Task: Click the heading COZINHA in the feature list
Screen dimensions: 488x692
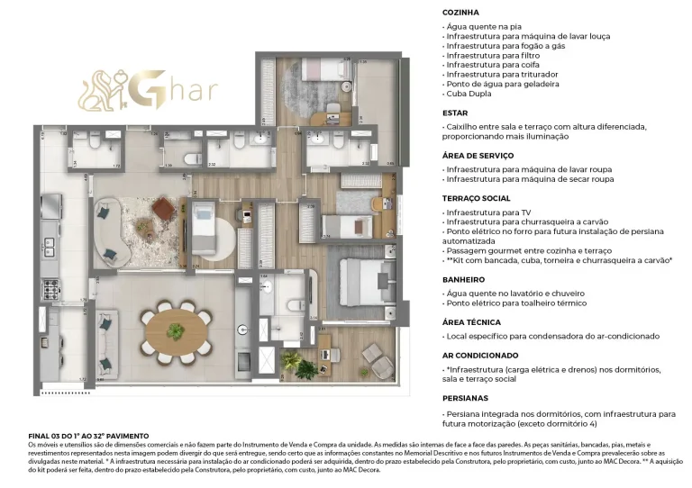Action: (460, 13)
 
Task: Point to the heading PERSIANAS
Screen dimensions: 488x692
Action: (465, 397)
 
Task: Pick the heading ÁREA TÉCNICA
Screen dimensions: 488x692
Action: (473, 321)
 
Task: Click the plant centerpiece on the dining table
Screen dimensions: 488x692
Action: (177, 330)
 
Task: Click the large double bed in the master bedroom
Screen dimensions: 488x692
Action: (365, 281)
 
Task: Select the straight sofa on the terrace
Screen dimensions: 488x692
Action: (106, 345)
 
